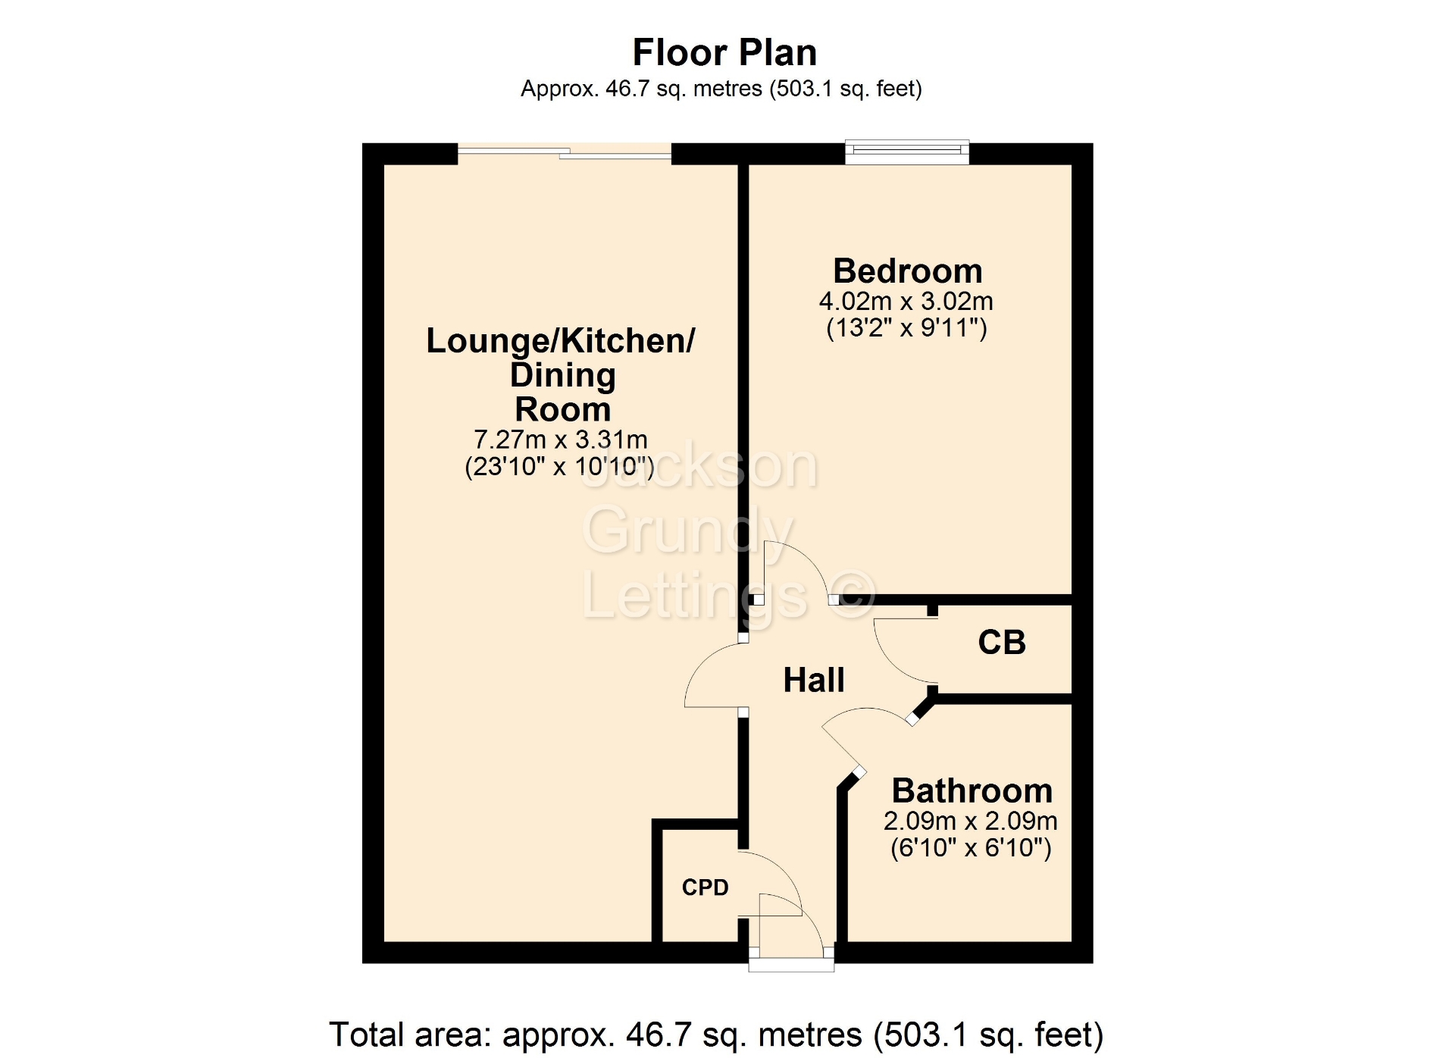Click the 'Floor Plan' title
(724, 53)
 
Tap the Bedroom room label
(907, 271)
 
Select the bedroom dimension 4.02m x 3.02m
(906, 302)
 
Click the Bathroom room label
(972, 791)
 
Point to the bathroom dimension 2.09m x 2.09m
(970, 821)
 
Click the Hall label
(814, 681)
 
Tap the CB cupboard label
(1002, 643)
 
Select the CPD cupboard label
(705, 887)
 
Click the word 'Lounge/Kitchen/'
(561, 342)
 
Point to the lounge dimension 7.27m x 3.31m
(561, 440)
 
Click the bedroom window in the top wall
(907, 152)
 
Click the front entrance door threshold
(791, 964)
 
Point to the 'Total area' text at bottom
(716, 1035)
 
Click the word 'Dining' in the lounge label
(562, 376)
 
